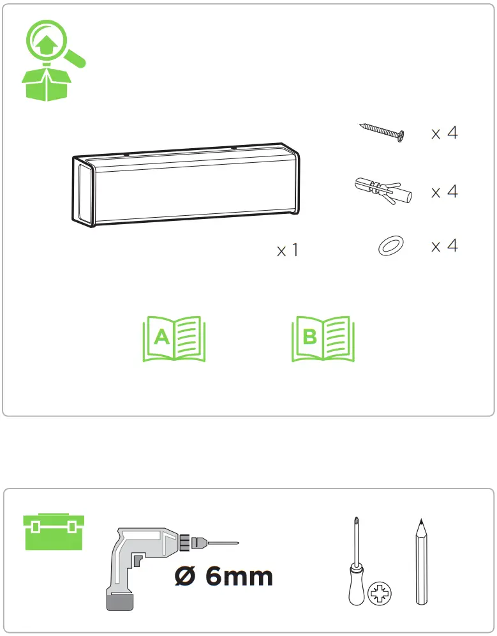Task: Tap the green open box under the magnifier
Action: tap(47, 84)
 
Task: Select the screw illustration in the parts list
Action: tap(382, 132)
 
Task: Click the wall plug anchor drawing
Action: tap(383, 191)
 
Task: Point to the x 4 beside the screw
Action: tap(445, 133)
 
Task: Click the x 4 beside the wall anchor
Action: tap(445, 192)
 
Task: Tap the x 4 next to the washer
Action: tap(445, 246)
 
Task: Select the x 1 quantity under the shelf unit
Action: tap(288, 250)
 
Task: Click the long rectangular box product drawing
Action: tap(186, 185)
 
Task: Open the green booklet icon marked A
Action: tap(174, 338)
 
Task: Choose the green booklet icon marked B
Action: tap(323, 338)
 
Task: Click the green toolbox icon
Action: tap(54, 532)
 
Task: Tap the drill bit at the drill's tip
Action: tap(223, 543)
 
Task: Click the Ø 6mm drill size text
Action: tap(224, 576)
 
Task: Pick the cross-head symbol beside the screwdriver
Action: tap(380, 593)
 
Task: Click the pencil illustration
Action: tap(421, 562)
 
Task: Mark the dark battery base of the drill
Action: tap(121, 601)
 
